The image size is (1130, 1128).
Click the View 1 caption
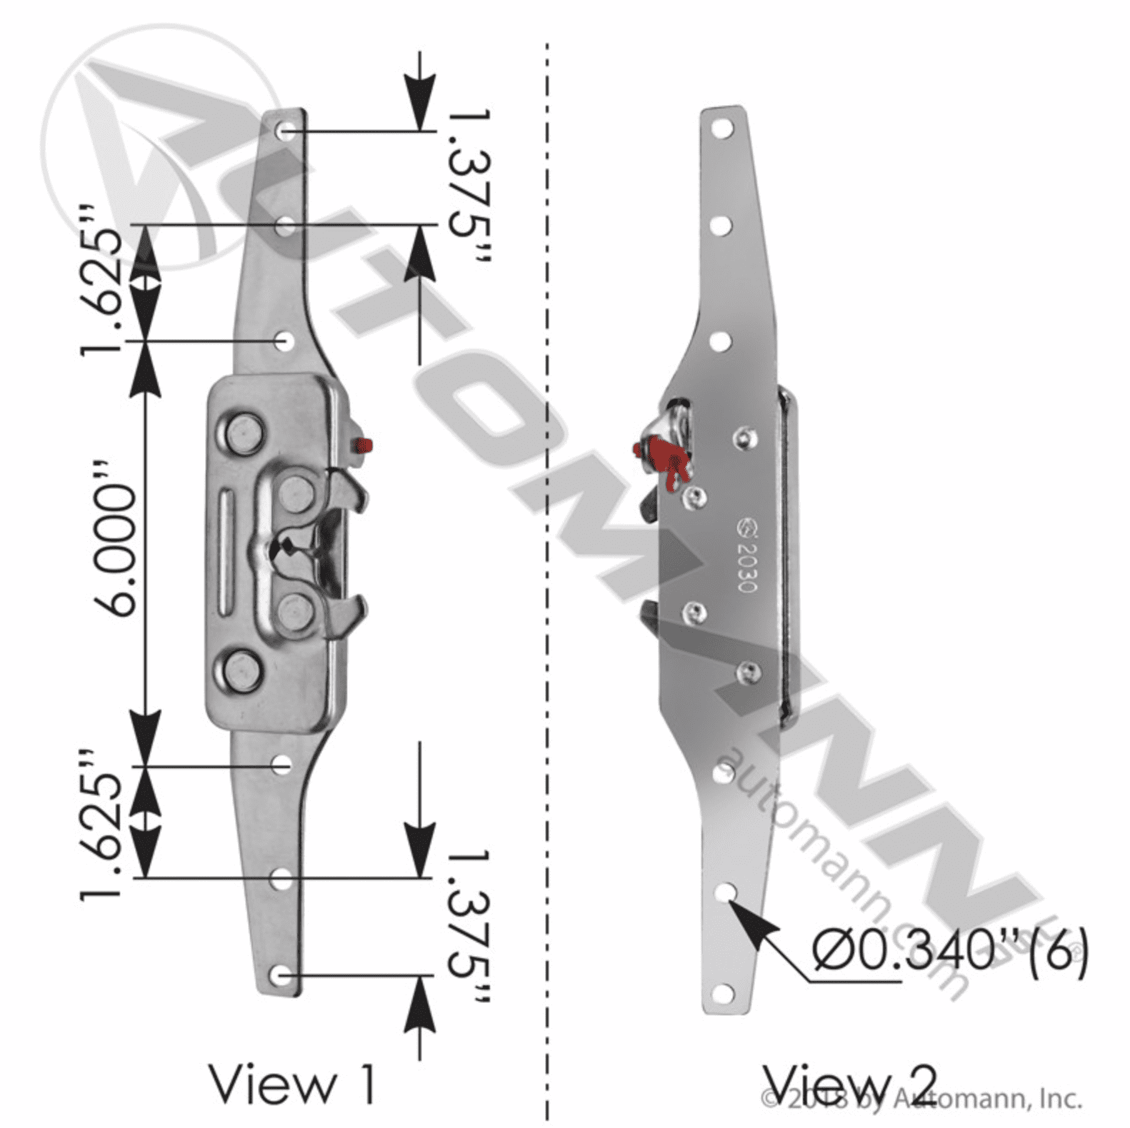pyautogui.click(x=292, y=1084)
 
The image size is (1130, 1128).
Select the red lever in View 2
pyautogui.click(x=664, y=460)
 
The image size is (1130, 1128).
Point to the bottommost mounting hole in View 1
pyautogui.click(x=283, y=975)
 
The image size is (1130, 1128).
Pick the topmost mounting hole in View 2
pyautogui.click(x=722, y=129)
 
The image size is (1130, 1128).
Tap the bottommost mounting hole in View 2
pyautogui.click(x=724, y=992)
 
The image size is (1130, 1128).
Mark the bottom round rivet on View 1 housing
pyautogui.click(x=239, y=671)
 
